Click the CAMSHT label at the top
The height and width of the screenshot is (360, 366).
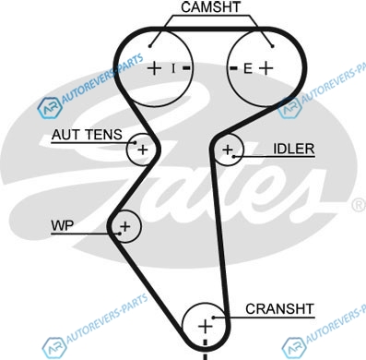pyautogui.click(x=211, y=7)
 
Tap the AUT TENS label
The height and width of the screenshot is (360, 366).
pyautogui.click(x=87, y=135)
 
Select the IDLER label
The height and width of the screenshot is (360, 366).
pyautogui.click(x=294, y=149)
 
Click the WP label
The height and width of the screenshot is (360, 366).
pyautogui.click(x=63, y=225)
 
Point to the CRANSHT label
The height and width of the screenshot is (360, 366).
pyautogui.click(x=279, y=309)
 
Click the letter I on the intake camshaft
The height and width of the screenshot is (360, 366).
pyautogui.click(x=173, y=68)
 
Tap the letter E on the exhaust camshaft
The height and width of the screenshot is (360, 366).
pyautogui.click(x=248, y=68)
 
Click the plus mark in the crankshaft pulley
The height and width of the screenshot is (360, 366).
pyautogui.click(x=205, y=326)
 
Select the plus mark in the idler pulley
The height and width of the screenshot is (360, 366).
pyautogui.click(x=228, y=150)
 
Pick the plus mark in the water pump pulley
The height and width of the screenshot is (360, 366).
pyautogui.click(x=125, y=227)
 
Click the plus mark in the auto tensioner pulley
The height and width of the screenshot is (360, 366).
pyautogui.click(x=143, y=150)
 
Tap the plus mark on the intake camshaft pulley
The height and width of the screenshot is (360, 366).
pyautogui.click(x=155, y=68)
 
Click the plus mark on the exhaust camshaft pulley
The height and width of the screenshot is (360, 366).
pyautogui.click(x=266, y=68)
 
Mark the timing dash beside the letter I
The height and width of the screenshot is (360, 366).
pyautogui.click(x=187, y=68)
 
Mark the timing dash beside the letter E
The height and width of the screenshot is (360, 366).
pyautogui.click(x=234, y=68)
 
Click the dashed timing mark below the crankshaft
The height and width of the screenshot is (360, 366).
pyautogui.click(x=206, y=350)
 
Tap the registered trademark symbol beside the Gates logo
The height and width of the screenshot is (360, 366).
pyautogui.click(x=359, y=205)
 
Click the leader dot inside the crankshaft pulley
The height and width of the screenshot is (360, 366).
pyautogui.click(x=214, y=318)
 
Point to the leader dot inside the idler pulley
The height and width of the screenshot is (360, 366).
pyautogui.click(x=234, y=157)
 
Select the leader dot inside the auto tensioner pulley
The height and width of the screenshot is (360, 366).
pyautogui.click(x=135, y=142)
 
